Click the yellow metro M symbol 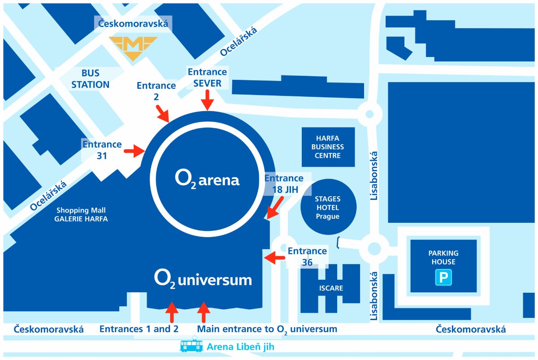click(x=134, y=48)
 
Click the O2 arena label click(x=207, y=180)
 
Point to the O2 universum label click(x=203, y=279)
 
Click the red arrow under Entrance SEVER click(x=207, y=100)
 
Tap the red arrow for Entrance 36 click(x=274, y=257)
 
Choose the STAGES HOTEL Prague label click(x=327, y=207)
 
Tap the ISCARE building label click(x=330, y=288)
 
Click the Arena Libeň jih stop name click(x=240, y=347)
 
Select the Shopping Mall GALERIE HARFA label click(x=82, y=214)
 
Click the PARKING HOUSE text click(x=443, y=257)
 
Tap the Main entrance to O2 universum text click(x=267, y=329)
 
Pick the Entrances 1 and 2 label click(x=139, y=329)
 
